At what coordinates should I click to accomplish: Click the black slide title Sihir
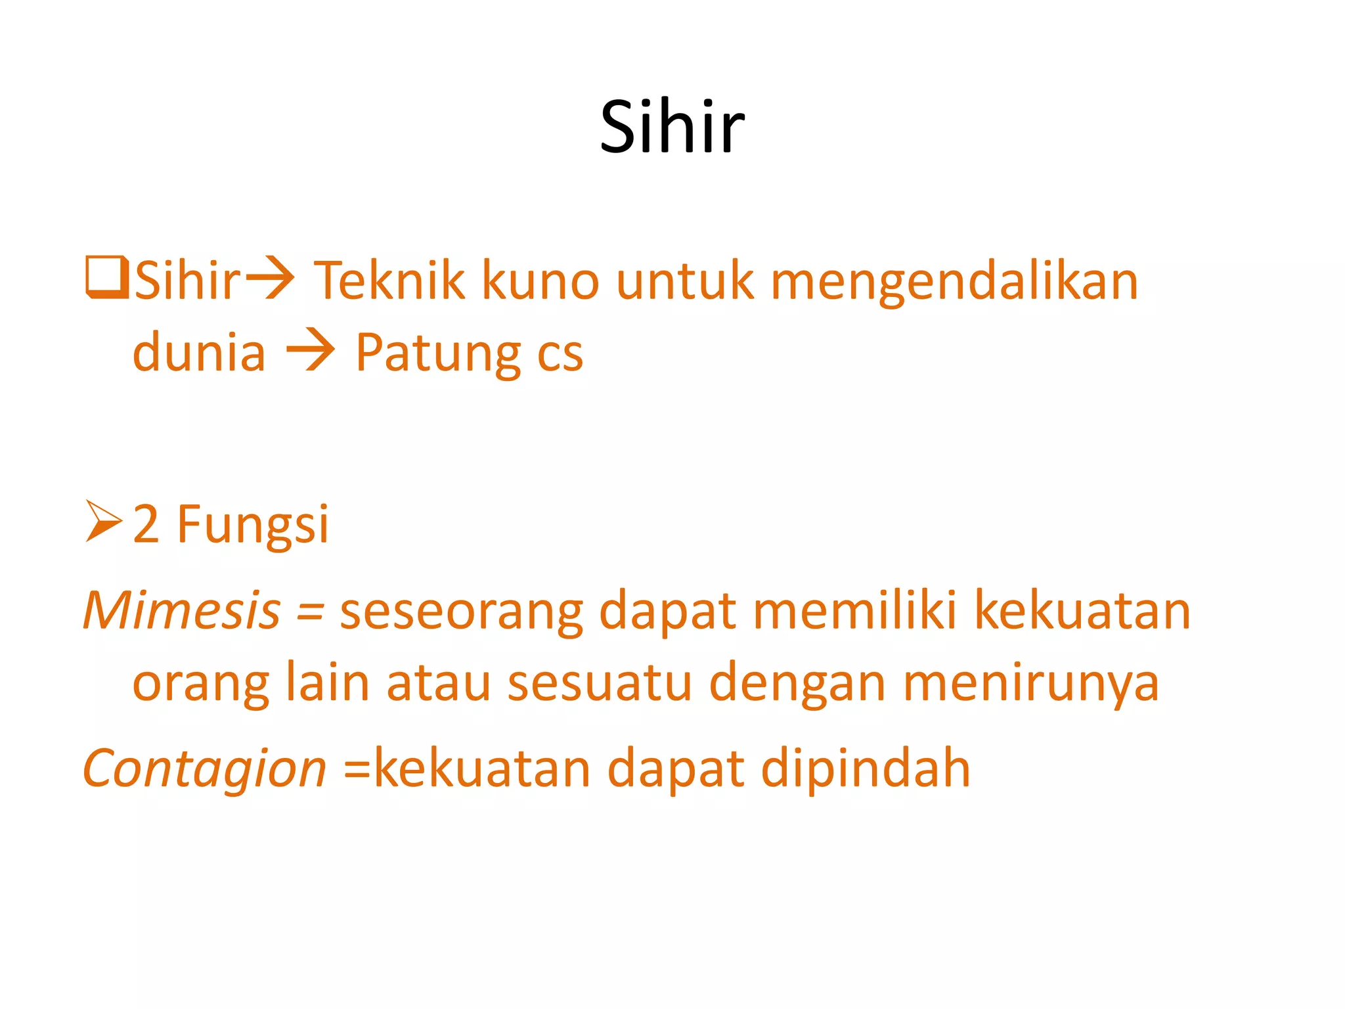coord(672,126)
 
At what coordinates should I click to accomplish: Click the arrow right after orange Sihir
coord(270,280)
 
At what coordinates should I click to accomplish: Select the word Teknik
coord(389,280)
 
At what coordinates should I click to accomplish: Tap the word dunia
coord(199,353)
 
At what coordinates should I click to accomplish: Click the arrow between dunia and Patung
coord(310,353)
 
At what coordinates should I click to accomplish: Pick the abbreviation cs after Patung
coord(560,355)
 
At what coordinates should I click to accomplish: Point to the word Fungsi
coord(253,526)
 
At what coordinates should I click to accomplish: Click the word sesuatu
coord(600,683)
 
